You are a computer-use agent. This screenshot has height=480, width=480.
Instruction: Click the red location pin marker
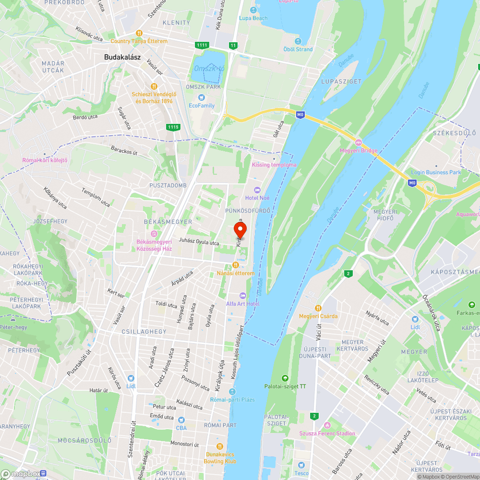(240, 230)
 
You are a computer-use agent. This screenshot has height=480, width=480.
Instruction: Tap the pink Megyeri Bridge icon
(358, 143)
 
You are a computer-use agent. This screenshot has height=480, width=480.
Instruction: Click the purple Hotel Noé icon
(256, 190)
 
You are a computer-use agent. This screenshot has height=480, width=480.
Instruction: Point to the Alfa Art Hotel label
(243, 304)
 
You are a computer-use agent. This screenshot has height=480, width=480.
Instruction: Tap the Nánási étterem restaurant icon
(235, 265)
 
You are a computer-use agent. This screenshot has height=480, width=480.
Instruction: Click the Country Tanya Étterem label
(139, 41)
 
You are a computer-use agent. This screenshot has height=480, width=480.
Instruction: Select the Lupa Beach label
(253, 18)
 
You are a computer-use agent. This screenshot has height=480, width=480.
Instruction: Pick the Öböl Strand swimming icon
(298, 41)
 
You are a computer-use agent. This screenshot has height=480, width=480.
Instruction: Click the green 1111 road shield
(202, 45)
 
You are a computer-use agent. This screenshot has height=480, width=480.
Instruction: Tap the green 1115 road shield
(173, 127)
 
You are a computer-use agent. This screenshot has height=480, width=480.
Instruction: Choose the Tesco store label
(301, 473)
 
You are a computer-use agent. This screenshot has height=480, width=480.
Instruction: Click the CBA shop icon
(181, 420)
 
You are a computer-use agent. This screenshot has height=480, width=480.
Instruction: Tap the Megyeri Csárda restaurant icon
(318, 308)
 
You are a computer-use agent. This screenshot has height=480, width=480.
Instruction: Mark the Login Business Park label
(436, 172)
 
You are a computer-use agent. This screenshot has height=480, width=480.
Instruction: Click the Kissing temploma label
(274, 165)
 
